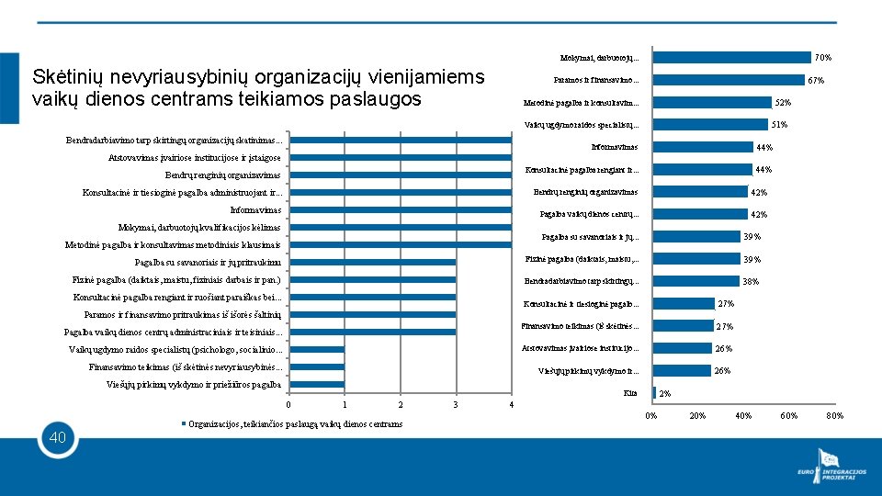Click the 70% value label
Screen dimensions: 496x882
823,58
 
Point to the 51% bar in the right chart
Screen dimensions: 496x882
709,125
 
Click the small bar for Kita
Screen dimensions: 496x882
654,393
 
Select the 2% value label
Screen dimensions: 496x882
665,394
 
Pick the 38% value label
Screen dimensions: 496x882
750,282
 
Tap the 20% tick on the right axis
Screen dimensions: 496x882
697,416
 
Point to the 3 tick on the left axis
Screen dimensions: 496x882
456,405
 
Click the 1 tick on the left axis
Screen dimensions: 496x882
344,405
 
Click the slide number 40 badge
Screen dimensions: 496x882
58,438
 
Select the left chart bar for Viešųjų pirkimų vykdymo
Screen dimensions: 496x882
317,384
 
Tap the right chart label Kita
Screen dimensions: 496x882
630,393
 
